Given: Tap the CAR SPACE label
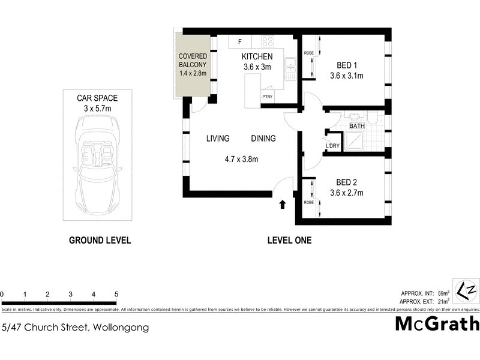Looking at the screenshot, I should [97, 98].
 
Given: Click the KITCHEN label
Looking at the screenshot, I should [257, 56].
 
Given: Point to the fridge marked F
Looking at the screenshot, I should [240, 42].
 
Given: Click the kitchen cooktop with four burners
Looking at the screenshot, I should [267, 42].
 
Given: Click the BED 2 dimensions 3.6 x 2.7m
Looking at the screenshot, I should [347, 193].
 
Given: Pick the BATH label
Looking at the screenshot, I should [357, 126].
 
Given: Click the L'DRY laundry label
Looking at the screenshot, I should [332, 146].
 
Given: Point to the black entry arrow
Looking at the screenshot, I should [282, 205].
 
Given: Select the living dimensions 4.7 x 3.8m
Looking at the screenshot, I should [241, 160].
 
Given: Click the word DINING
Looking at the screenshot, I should [263, 139].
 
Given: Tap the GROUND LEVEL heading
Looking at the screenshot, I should [100, 241].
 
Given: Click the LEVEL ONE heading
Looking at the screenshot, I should [289, 241].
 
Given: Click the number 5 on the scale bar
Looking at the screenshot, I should [116, 295].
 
